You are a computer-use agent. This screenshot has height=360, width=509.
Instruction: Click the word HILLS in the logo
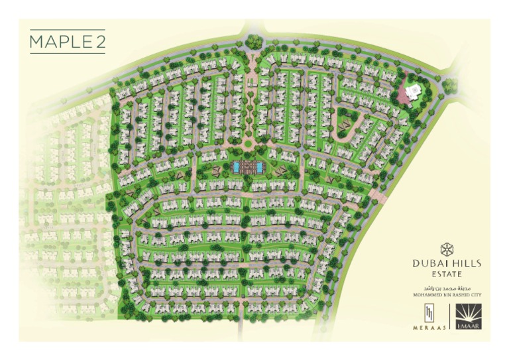click(465, 263)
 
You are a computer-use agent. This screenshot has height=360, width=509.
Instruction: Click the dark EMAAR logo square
click(469, 316)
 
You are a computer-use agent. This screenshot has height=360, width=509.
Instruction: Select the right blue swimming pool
click(262, 166)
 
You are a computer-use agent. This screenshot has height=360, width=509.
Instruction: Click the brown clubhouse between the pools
click(249, 166)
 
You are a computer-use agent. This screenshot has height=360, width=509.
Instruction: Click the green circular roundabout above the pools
click(248, 143)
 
